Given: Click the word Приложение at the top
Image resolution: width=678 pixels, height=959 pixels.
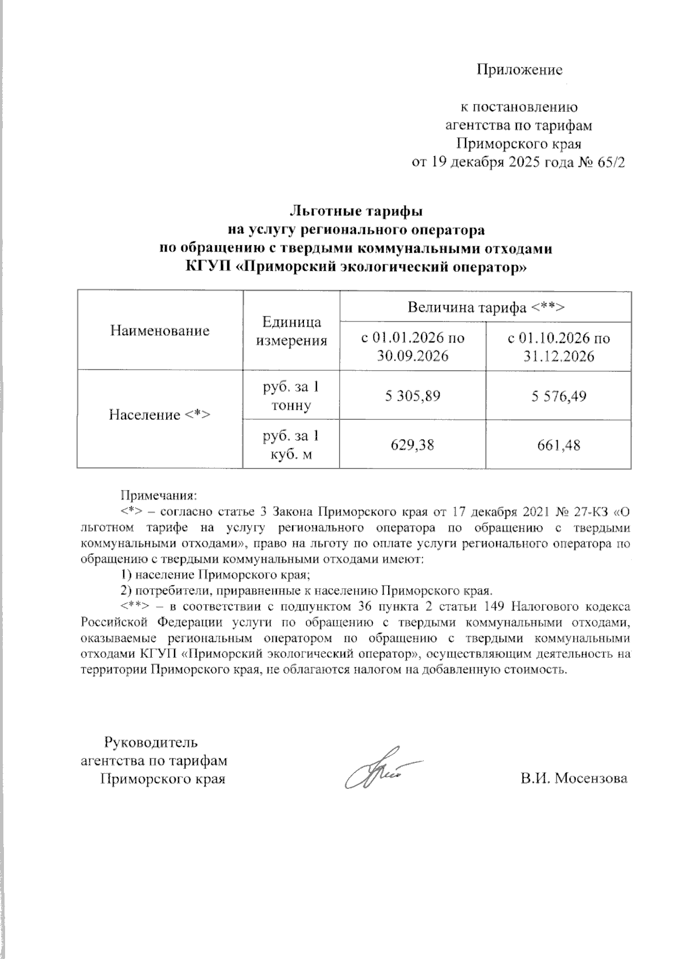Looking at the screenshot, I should pos(520,70).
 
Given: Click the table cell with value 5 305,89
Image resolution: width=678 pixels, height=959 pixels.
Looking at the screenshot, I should pos(412,396).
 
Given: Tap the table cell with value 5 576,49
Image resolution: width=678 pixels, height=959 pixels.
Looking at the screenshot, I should pos(558,396).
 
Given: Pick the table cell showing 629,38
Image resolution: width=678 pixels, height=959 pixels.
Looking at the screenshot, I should pos(412,445).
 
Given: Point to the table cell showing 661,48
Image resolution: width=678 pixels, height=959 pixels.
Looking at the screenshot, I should pos(558,445).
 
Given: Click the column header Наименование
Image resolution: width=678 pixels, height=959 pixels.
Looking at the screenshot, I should pos(160,331).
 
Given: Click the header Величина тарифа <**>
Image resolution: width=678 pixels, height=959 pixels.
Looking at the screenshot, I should pos(485,307).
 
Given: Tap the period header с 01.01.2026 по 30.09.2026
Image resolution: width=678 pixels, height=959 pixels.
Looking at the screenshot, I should pos(412,347).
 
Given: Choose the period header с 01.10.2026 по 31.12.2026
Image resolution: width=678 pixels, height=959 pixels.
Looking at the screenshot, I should pos(558,347).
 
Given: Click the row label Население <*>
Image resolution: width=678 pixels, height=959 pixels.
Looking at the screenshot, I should pos(160,415).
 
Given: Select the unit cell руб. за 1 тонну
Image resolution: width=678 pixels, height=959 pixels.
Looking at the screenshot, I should pos(292,396).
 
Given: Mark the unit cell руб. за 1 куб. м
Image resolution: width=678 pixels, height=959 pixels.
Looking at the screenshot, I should pos(292,445).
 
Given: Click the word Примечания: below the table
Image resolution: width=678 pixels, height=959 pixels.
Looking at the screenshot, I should pos(158,495).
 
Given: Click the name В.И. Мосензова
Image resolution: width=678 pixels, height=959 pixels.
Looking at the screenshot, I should pos(574,779).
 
